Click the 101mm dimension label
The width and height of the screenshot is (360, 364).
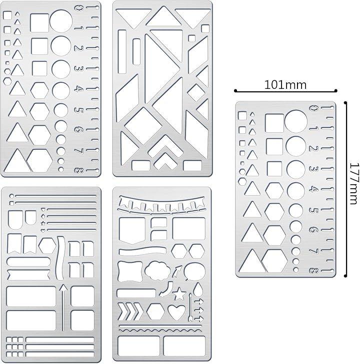coord(285,85)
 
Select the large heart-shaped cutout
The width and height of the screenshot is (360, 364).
coord(176,312)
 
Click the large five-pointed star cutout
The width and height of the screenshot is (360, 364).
coord(179,294)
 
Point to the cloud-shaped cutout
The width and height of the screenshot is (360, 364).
coord(157,271)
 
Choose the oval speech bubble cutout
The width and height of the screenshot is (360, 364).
coord(194,271)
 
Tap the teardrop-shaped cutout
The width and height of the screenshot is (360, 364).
coord(198,289)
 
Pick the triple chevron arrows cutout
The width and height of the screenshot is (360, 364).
coord(130,312)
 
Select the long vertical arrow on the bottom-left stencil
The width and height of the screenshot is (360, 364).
coord(63,308)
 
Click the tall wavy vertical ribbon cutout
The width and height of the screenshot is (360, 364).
coord(60,258)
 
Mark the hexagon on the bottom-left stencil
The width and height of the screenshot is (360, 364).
coord(47,246)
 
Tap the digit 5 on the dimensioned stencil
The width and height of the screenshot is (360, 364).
coord(313,211)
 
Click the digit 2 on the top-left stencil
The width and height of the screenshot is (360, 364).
coord(78,48)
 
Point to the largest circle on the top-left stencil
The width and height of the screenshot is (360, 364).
coord(61,21)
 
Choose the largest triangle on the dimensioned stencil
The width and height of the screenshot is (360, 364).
coord(252,261)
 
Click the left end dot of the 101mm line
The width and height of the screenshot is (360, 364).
coord(235,91)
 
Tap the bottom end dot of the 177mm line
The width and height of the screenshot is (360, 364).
coord(345,276)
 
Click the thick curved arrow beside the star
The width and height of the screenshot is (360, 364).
coord(166,289)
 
